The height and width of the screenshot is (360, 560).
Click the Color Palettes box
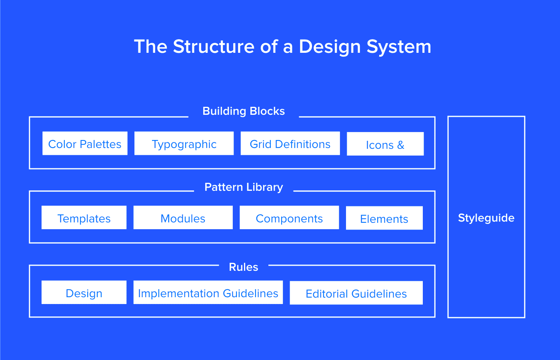tap(85, 144)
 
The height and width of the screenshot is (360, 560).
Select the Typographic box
tap(184, 144)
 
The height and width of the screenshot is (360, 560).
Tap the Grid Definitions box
tap(290, 144)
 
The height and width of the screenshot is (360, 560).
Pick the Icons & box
tap(385, 144)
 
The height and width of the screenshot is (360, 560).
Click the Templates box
tap(84, 218)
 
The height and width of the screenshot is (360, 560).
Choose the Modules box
tap(183, 218)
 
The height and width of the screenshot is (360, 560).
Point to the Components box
tap(289, 218)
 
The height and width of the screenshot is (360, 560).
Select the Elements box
tap(384, 218)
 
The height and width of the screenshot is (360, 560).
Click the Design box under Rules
tap(84, 293)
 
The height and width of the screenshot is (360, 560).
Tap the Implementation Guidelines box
tap(208, 293)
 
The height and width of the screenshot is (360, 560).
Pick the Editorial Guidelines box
tap(356, 293)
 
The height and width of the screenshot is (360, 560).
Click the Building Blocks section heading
tap(244, 111)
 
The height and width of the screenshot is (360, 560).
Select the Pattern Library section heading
tap(244, 187)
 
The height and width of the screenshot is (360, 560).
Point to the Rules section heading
tap(244, 267)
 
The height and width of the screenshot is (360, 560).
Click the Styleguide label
tap(486, 218)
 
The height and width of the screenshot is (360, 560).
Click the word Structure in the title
tap(214, 46)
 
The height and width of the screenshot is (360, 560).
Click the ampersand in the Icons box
tap(400, 145)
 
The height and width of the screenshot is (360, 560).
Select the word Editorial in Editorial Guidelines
tap(327, 294)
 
